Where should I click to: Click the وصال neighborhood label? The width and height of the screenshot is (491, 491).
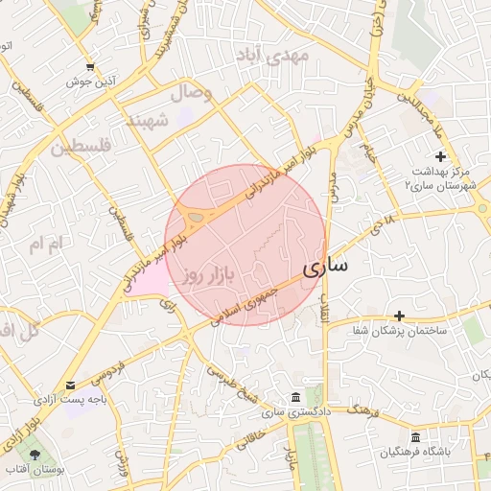click(191, 93)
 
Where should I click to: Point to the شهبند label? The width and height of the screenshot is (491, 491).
click(147, 121)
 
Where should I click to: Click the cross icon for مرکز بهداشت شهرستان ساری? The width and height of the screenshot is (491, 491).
click(440, 155)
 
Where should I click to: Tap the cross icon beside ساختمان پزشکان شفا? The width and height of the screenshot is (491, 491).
click(399, 315)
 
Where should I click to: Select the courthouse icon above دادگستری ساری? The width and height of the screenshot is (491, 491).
click(294, 397)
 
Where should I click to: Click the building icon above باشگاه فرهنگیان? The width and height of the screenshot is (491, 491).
click(415, 436)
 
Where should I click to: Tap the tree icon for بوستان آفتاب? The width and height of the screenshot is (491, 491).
click(36, 454)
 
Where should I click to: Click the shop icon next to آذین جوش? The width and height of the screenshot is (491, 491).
click(90, 67)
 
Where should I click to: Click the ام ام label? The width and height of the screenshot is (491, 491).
click(44, 245)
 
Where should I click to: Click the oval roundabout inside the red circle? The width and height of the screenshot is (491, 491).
click(198, 219)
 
